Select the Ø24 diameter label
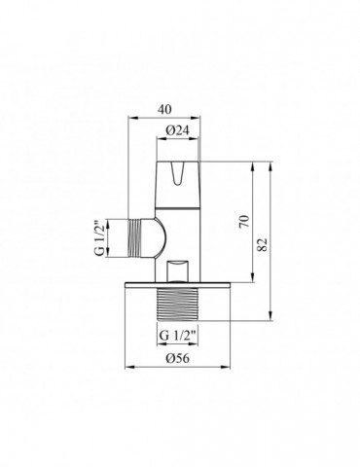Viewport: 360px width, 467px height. pyautogui.click(x=176, y=130)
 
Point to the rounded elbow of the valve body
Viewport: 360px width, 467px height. pyautogui.click(x=154, y=236)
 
